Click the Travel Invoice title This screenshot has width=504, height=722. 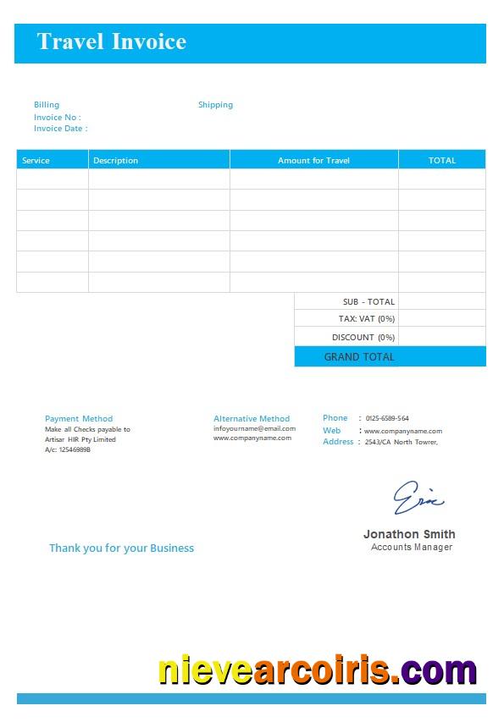(111, 41)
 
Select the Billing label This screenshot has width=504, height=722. (47, 105)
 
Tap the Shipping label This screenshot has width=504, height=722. (215, 105)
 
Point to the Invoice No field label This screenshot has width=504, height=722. (57, 117)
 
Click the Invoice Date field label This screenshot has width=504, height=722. (60, 129)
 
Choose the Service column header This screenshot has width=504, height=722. (36, 160)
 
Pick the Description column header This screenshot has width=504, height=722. (115, 160)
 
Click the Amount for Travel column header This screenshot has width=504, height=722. (313, 160)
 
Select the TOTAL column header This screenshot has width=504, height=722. (442, 160)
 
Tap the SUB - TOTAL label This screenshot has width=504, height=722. (368, 301)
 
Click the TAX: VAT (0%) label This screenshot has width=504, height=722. (367, 319)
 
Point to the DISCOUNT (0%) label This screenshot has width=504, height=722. (363, 337)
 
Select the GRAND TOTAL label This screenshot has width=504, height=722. (359, 356)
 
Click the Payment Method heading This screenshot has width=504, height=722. (79, 418)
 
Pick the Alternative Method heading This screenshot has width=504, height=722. (252, 418)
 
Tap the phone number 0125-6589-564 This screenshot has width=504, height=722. (387, 418)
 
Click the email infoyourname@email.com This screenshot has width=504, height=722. (254, 428)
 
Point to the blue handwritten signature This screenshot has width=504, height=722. (418, 498)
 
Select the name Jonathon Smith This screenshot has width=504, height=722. (409, 534)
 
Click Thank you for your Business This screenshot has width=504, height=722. (121, 548)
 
